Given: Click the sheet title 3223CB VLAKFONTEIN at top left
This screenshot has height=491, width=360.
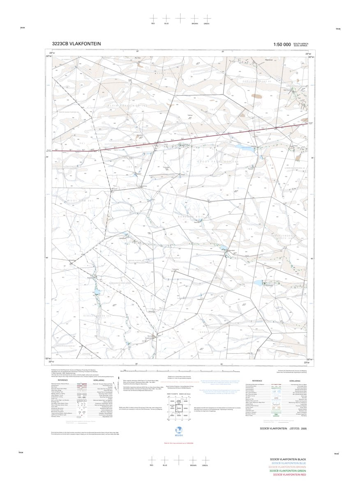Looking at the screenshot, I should (x=76, y=44).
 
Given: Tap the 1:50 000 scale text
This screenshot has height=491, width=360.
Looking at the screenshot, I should (x=282, y=44).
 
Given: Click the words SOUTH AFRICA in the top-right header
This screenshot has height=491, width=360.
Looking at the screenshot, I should (x=301, y=43).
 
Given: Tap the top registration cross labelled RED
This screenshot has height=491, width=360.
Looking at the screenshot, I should (x=153, y=18).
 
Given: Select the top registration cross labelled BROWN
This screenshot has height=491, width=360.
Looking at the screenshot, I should (x=195, y=18).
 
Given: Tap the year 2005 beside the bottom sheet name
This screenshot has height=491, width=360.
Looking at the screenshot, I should (x=304, y=428).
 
